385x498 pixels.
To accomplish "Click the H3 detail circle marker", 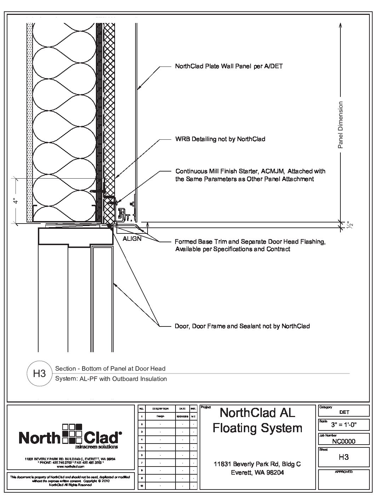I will (40, 373).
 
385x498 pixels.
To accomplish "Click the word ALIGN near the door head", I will (132, 239).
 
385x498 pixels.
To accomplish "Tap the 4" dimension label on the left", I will (15, 201).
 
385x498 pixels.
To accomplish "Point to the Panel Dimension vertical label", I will (341, 125).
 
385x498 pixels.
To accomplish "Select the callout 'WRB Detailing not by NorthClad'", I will (220, 139).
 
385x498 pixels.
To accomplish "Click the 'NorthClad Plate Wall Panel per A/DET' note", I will (229, 66).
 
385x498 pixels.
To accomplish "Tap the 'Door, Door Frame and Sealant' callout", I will (242, 326).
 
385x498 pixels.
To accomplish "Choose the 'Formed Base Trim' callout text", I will (250, 245).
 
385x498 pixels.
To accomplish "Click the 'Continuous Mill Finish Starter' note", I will (250, 175).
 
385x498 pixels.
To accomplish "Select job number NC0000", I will (344, 441).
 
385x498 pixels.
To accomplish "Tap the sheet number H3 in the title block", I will (344, 457).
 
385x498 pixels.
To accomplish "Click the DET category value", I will (344, 412).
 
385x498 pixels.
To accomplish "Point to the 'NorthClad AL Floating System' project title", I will (257, 420).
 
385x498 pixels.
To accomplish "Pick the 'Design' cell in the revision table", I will (160, 416).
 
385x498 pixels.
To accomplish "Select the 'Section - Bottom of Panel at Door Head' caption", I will (110, 369).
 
